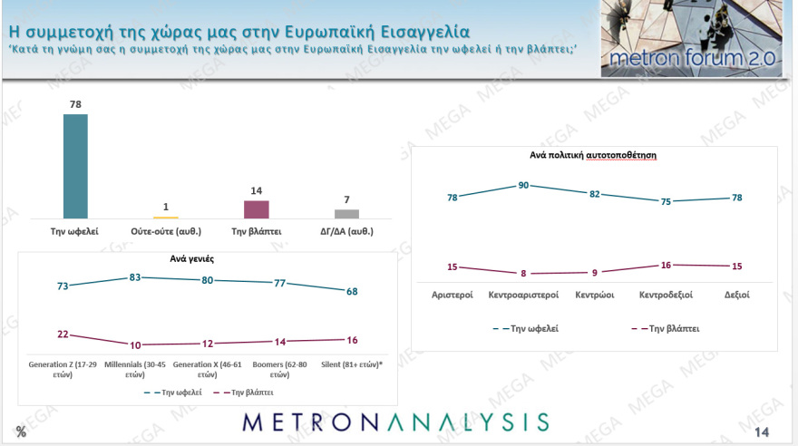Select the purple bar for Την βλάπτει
pyautogui.click(x=257, y=208)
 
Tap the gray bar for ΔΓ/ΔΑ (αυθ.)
pyautogui.click(x=347, y=213)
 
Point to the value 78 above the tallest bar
pyautogui.click(x=75, y=104)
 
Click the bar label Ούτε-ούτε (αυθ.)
pyautogui.click(x=166, y=231)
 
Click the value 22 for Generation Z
pyautogui.click(x=63, y=334)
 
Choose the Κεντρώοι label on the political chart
pyautogui.click(x=595, y=295)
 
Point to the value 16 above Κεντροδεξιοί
pyautogui.click(x=665, y=266)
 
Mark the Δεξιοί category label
pyautogui.click(x=735, y=295)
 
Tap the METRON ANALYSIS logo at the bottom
pyautogui.click(x=395, y=422)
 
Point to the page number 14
pyautogui.click(x=762, y=432)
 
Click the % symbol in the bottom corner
pyautogui.click(x=21, y=431)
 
